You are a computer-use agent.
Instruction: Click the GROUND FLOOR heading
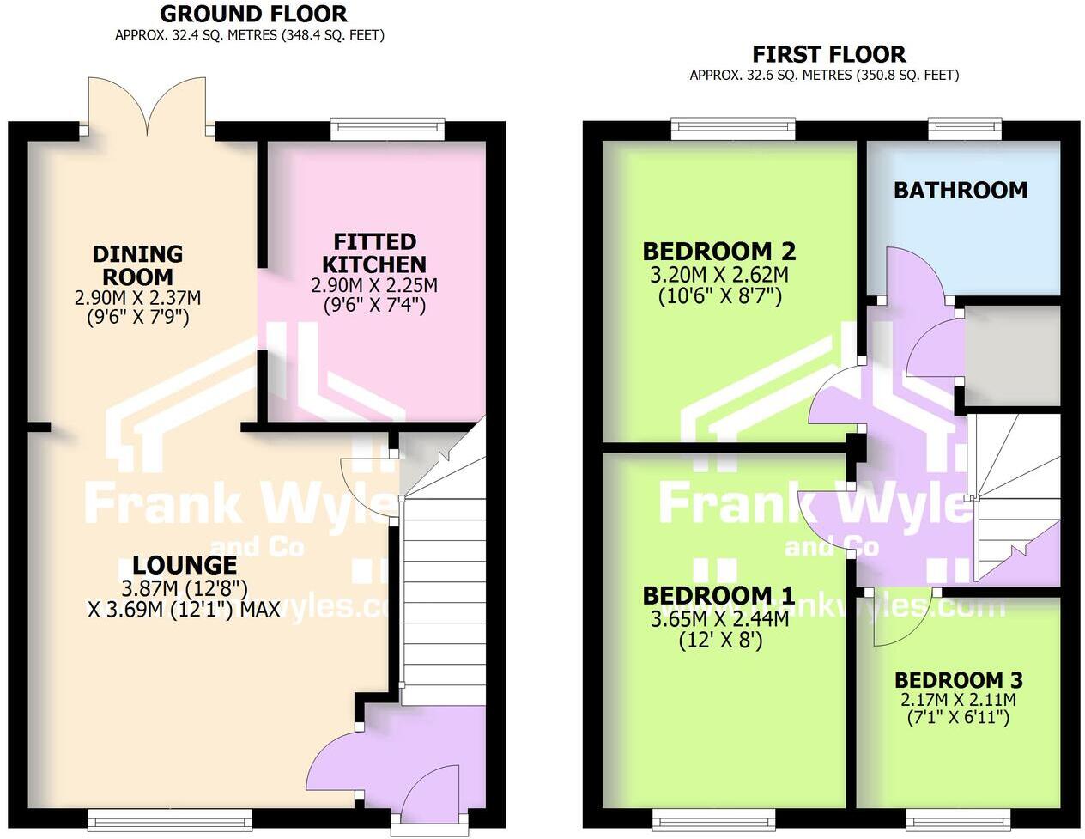coord(253,14)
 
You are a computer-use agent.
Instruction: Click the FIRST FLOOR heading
coord(827,54)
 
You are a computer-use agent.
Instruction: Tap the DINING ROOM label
coord(137,265)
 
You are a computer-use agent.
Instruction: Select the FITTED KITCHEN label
coord(374,252)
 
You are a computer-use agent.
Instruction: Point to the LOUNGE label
coord(184,565)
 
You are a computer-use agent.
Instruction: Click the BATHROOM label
coord(960,190)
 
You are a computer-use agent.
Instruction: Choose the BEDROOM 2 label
coord(718,252)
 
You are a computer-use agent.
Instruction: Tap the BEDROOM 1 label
coord(718,595)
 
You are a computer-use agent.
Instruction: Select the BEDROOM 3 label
coord(958,680)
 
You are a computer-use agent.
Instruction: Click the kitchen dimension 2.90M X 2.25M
coord(374,285)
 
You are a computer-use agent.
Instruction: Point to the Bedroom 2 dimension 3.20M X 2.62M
coord(719,276)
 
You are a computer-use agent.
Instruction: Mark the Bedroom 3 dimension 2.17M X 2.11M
coord(958,700)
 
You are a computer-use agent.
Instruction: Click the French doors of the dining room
coord(147,106)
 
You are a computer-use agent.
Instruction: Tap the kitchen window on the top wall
coord(387,130)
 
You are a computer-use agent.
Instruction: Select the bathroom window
coord(965,130)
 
